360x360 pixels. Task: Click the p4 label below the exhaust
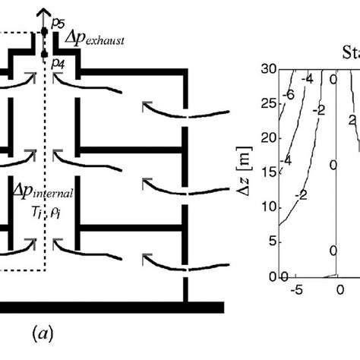tap(58, 65)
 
